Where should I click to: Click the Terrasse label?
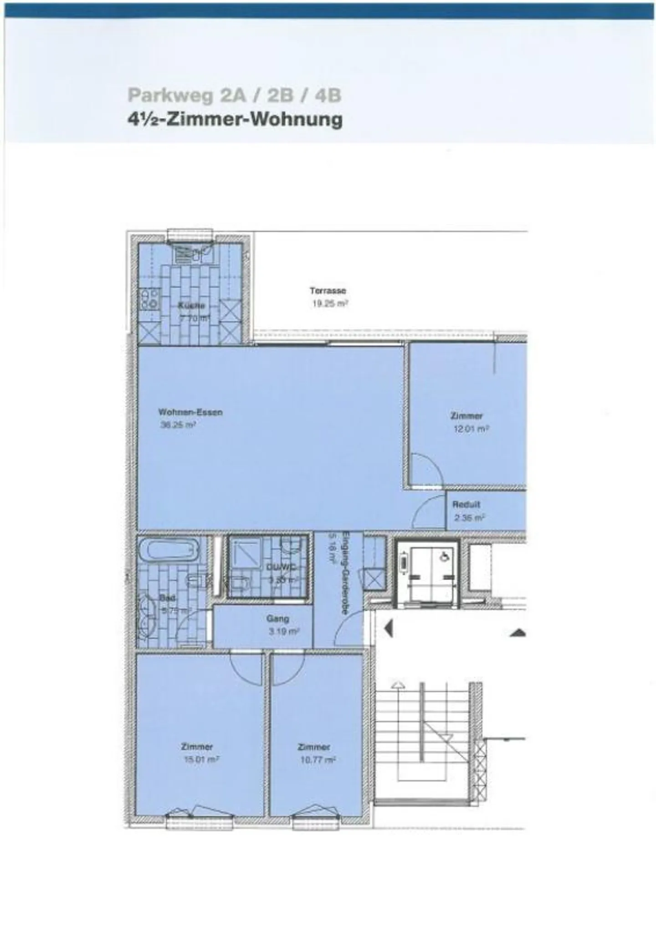[328, 291]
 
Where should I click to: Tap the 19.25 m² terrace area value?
[330, 304]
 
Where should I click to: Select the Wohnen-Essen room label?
[190, 412]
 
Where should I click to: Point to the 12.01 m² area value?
[471, 429]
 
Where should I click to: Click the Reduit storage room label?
[466, 505]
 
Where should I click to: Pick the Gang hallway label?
[277, 619]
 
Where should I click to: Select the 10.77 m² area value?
[318, 760]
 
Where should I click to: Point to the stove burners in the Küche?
[149, 299]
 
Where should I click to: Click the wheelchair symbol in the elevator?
[445, 557]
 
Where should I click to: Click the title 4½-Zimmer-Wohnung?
[235, 120]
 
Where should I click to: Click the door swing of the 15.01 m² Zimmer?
[246, 667]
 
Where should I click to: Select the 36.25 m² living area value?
[178, 425]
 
